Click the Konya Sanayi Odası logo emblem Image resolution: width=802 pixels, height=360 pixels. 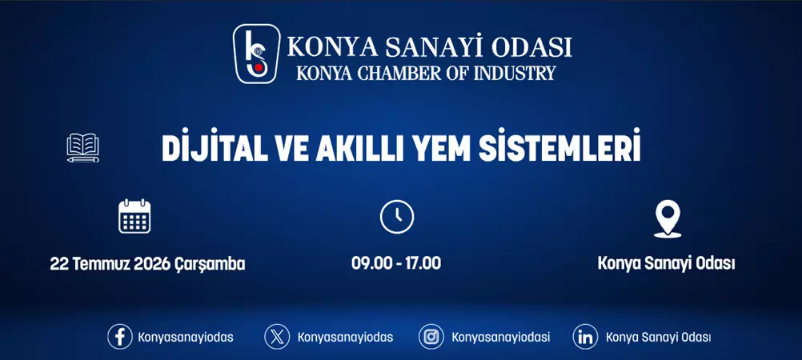click(256, 54)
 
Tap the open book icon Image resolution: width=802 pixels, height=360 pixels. click(83, 148)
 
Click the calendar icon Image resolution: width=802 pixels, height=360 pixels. click(134, 216)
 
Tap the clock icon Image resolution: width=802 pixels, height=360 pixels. click(396, 217)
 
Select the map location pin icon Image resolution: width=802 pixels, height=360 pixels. click(667, 218)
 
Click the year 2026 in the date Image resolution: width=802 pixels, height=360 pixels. click(151, 264)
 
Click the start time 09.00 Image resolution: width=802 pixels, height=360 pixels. click(369, 264)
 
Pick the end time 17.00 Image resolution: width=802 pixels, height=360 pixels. click(423, 264)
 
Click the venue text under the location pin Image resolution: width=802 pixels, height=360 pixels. click(666, 264)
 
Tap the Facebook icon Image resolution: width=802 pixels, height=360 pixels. click(120, 337)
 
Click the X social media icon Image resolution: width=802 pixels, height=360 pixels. click(277, 337)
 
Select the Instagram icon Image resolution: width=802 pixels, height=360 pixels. click(431, 337)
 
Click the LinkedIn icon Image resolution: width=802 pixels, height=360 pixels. click(586, 337)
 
